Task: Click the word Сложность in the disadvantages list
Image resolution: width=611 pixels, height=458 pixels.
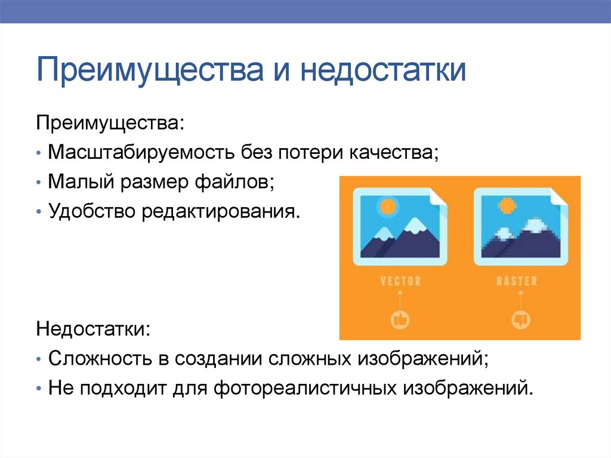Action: click(97, 359)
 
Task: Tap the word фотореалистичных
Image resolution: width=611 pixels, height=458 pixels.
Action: click(307, 389)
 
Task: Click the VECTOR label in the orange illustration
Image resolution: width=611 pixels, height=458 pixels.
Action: click(400, 281)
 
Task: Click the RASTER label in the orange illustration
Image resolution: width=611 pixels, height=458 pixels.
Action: click(517, 281)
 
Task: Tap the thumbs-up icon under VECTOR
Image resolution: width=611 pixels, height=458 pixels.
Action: click(400, 319)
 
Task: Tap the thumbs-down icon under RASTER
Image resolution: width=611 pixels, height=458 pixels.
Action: click(517, 319)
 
